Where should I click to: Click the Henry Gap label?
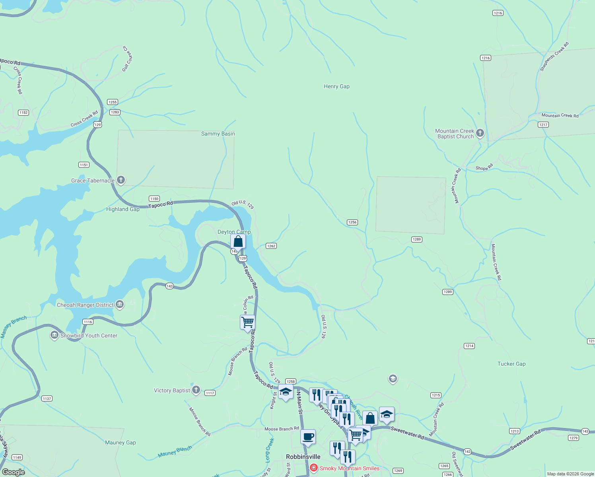point(336,86)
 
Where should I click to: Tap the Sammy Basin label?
point(218,134)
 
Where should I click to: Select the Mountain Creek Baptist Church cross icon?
point(480,133)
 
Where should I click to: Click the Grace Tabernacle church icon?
point(121,180)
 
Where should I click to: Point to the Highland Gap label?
point(123,209)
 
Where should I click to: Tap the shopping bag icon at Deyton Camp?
point(238,241)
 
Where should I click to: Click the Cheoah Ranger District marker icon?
point(120,305)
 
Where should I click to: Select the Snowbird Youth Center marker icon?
point(54,335)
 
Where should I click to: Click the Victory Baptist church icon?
point(196,390)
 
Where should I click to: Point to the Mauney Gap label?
point(121,442)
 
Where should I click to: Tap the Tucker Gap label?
point(511,364)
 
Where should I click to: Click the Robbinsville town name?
point(303,457)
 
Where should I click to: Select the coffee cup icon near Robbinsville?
point(308,437)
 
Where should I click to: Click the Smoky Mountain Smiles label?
point(349,468)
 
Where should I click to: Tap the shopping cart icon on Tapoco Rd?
point(247,322)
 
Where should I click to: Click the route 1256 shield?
point(352,222)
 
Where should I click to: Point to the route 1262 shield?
point(271,246)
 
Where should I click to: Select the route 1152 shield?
point(23,112)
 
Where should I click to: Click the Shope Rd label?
point(484,167)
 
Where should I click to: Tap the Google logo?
point(14,472)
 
